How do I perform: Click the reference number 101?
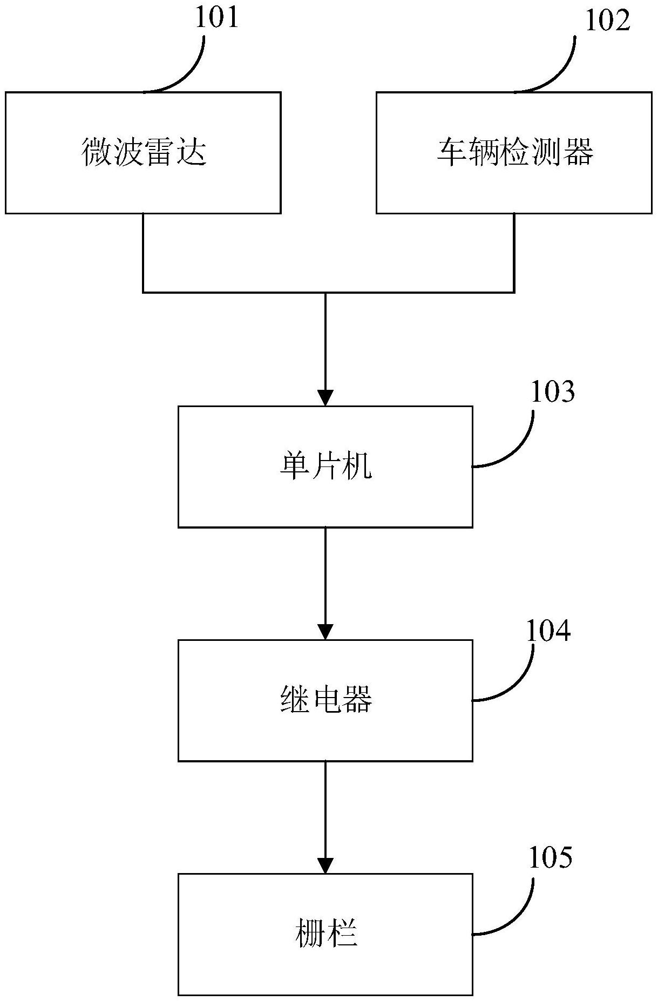click(216, 17)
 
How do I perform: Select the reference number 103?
click(553, 392)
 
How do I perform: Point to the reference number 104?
click(548, 631)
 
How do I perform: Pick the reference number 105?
click(550, 857)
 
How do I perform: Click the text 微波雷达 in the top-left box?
click(144, 152)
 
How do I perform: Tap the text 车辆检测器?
click(514, 152)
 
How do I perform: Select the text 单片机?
click(325, 466)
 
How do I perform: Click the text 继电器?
click(325, 700)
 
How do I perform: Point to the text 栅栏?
click(325, 933)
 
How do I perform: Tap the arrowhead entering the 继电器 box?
click(325, 632)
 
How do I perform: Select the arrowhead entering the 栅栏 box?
click(325, 865)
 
